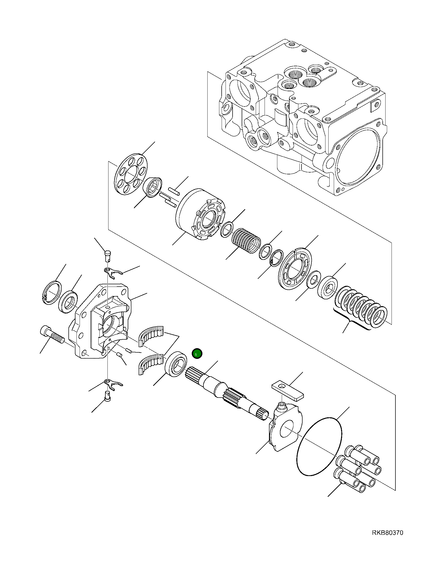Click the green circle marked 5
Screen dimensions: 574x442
click(x=197, y=354)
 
